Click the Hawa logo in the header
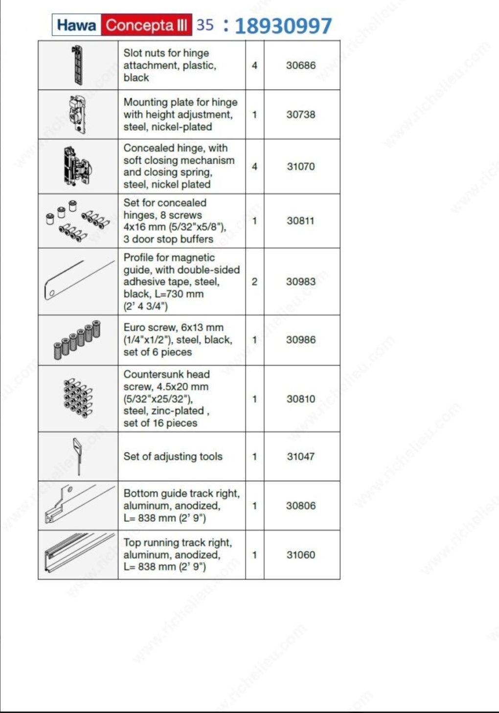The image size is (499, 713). [x=76, y=25]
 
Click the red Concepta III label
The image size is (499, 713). [x=146, y=25]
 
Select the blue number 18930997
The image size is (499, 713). [x=283, y=26]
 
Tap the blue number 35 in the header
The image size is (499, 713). [x=205, y=24]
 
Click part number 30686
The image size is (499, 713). [x=301, y=65]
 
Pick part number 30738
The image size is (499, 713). [x=301, y=114]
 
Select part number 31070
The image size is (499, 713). [x=301, y=166]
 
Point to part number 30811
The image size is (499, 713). [x=301, y=221]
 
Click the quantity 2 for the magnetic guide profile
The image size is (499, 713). [x=254, y=281]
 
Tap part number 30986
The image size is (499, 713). [x=301, y=339]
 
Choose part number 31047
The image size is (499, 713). [x=301, y=456]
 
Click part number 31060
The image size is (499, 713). [x=301, y=555]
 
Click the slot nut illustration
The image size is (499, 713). [x=77, y=65]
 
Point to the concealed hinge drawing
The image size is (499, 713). [x=77, y=167]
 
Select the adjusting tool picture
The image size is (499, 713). [x=77, y=456]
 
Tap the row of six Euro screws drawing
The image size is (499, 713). [x=77, y=340]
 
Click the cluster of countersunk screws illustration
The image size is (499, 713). [x=78, y=398]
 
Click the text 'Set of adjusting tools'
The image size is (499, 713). [x=173, y=456]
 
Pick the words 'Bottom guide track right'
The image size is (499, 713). [x=181, y=493]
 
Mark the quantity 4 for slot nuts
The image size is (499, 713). [x=254, y=65]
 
